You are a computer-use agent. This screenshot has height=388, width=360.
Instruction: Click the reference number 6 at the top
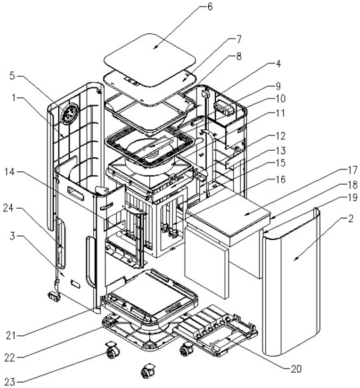[x=210, y=7]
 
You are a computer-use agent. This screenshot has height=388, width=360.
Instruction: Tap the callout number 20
[x=296, y=369]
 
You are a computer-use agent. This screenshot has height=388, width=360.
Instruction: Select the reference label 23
[x=10, y=382]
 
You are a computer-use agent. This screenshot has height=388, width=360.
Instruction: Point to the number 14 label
[x=10, y=172]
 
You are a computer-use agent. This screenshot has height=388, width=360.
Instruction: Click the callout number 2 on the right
[x=351, y=219]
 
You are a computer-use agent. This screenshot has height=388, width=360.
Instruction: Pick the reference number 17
[x=352, y=170]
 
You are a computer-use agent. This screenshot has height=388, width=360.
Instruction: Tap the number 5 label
[x=13, y=76]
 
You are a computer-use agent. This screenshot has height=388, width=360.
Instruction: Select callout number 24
[x=9, y=209]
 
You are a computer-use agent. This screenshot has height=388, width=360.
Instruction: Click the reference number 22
[x=10, y=358]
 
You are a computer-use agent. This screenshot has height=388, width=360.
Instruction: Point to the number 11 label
[x=280, y=113]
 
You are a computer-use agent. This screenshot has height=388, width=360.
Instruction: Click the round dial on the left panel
[x=70, y=114]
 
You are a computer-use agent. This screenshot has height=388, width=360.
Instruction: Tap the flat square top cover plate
[x=150, y=60]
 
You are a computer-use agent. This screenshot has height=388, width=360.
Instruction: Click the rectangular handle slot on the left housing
[x=76, y=193]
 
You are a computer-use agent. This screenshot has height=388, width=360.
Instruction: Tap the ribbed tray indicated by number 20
[x=215, y=331]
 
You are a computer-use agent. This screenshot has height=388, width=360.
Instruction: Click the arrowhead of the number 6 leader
[x=154, y=48]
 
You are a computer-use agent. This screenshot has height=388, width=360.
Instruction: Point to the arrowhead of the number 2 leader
[x=295, y=259]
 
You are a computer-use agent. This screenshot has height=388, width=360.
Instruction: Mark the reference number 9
[x=278, y=86]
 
